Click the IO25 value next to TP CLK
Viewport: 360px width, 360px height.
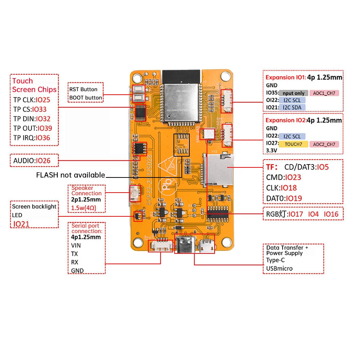pyautogui.click(x=43, y=100)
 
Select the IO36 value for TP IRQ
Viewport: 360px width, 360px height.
pyautogui.click(x=43, y=138)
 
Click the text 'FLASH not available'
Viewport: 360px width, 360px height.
pyautogui.click(x=71, y=175)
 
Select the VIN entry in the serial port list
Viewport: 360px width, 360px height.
pyautogui.click(x=76, y=246)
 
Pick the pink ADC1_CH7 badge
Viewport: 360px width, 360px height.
pyautogui.click(x=324, y=93)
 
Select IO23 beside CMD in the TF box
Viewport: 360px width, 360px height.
pyautogui.click(x=293, y=177)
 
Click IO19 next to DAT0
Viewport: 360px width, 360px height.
pyautogui.click(x=293, y=198)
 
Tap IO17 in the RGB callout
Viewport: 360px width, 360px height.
pyautogui.click(x=296, y=214)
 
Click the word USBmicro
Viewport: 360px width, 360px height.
pyautogui.click(x=279, y=268)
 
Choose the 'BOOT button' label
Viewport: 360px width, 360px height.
pyautogui.click(x=86, y=98)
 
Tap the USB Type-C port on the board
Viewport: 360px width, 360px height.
pyautogui.click(x=186, y=246)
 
